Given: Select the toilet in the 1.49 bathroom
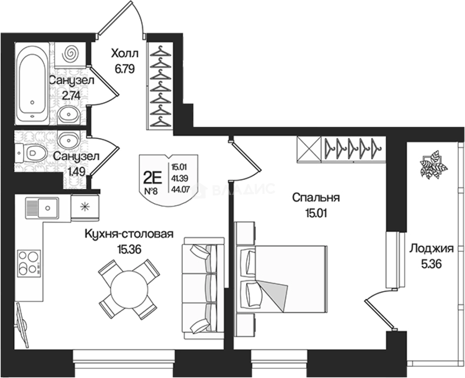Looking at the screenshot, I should point(32,152).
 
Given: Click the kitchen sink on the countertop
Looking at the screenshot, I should point(42,206).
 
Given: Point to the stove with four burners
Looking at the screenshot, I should point(29,262).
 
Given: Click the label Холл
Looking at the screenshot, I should point(125,54).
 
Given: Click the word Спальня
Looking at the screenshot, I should point(316,197).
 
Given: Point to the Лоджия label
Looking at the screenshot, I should point(431,248).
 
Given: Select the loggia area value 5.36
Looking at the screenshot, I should point(431,264).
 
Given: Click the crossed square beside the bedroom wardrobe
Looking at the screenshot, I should point(308,149).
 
